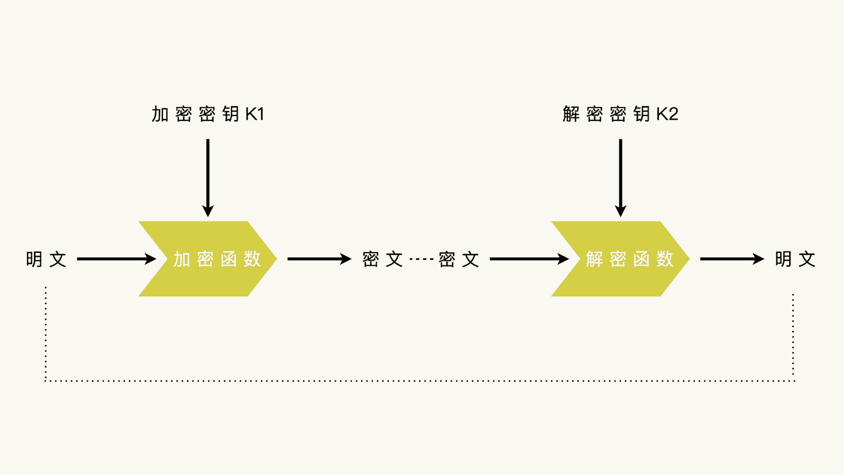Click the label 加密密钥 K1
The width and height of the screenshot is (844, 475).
tap(208, 114)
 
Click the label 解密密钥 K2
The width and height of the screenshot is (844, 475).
tap(620, 114)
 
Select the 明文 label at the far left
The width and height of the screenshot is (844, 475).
tap(46, 259)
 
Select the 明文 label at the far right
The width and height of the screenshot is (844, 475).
tap(795, 259)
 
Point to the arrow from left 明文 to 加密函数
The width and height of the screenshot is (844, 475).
tap(116, 259)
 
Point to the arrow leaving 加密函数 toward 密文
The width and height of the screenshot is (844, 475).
tap(319, 259)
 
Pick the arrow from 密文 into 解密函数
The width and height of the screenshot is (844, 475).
tap(529, 259)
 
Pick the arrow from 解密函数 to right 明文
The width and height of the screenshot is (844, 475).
tap(732, 259)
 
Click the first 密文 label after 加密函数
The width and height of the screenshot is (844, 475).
tap(382, 259)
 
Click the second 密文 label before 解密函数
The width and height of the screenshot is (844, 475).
tap(459, 259)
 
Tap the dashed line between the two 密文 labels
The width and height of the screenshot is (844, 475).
tap(421, 259)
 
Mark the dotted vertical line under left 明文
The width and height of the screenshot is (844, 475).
tap(46, 333)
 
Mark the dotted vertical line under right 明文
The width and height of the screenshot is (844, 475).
tap(793, 336)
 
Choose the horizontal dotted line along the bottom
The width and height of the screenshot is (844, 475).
tap(419, 380)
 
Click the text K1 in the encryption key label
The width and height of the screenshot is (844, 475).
tap(255, 114)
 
